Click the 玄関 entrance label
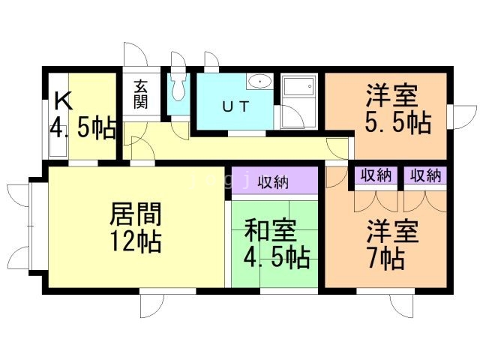[x=141, y=94]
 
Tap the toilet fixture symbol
[x=178, y=87]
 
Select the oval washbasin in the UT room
[x=259, y=82]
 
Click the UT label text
[x=235, y=106]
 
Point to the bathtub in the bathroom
[x=298, y=86]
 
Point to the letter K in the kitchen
[x=63, y=101]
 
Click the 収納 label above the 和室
[x=273, y=182]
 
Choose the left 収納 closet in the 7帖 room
[x=376, y=175]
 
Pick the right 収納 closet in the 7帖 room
[x=425, y=175]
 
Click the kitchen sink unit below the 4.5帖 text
[x=58, y=148]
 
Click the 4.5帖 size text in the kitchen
[x=83, y=127]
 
